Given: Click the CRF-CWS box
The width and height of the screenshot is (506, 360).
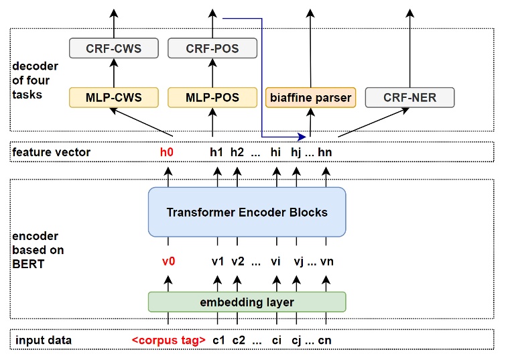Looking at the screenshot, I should pos(114,48).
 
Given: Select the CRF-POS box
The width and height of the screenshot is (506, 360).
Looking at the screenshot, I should pos(212,48).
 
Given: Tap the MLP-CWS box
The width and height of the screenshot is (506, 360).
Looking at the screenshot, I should pos(114,97).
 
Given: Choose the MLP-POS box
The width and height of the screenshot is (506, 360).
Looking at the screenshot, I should pos(212,97).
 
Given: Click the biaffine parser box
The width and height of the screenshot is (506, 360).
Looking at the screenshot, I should pos(310,97).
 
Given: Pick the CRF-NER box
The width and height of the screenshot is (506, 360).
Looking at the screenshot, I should pos(409,97).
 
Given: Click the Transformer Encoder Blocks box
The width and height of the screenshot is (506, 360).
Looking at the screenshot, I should pos(247,212).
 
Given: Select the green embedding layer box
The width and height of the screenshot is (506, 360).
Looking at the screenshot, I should pos(247,302).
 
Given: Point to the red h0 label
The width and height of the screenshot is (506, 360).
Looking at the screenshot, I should pos(167,152).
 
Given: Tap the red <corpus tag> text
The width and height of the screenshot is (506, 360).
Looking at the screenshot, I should pos(168,341).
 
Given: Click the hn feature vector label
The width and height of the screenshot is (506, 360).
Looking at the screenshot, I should pos(325,152).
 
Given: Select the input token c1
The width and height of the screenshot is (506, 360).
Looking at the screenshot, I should pos(218,341).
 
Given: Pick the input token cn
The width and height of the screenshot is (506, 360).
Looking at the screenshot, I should pos(325,341).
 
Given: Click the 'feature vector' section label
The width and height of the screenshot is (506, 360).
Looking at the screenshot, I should pos(51,152).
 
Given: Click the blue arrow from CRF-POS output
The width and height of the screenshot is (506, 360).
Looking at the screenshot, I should pos(261,74).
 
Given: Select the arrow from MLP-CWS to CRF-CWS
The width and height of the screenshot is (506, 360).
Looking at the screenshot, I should pos(114,72).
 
